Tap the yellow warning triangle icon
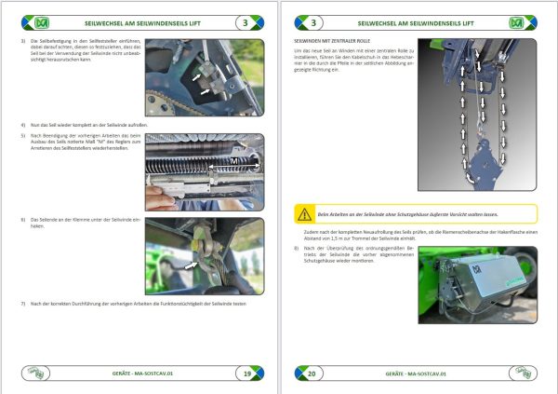(x=304, y=213)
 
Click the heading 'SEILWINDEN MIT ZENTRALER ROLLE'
(x=334, y=42)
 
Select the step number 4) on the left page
(x=22, y=124)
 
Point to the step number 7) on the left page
(x=22, y=305)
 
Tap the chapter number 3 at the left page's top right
(x=245, y=20)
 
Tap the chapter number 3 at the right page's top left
(x=312, y=20)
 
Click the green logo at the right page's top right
(x=518, y=20)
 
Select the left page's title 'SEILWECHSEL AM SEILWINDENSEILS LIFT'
(x=139, y=20)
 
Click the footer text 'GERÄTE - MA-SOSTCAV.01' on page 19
(x=139, y=374)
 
